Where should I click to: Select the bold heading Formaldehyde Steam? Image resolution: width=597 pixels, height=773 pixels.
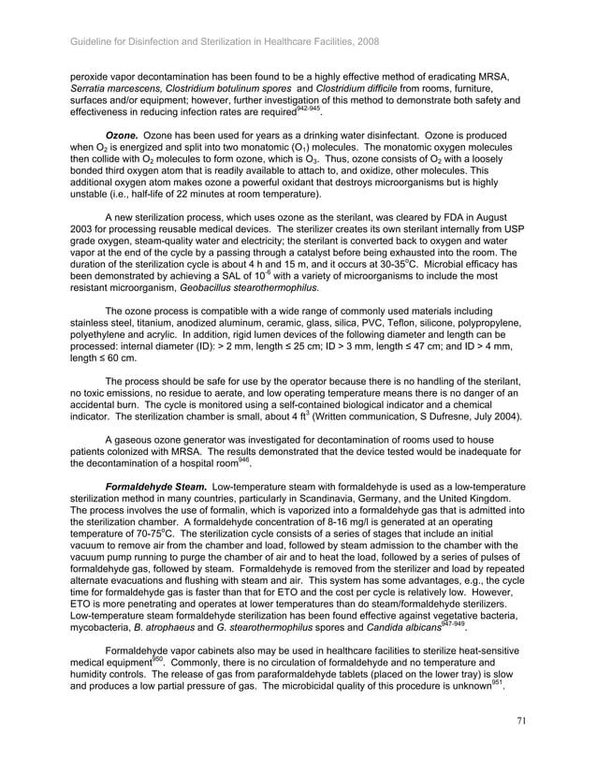point(156,488)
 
